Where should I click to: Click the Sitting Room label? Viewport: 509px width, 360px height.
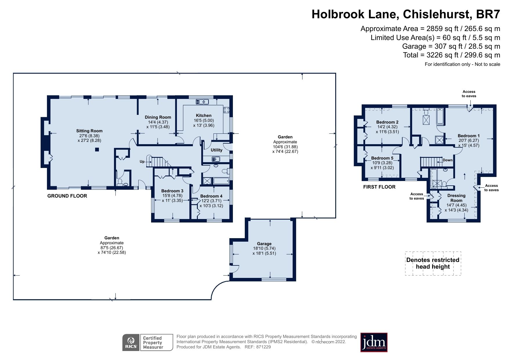(x=89, y=131)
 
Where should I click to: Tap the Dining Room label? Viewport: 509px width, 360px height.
(x=158, y=117)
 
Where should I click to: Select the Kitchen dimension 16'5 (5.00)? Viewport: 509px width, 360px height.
(x=204, y=120)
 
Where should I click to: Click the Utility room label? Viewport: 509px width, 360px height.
(x=216, y=150)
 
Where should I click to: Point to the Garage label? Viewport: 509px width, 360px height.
(x=264, y=244)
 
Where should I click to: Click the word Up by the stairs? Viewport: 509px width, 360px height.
(x=142, y=162)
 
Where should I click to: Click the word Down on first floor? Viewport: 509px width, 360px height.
(x=447, y=160)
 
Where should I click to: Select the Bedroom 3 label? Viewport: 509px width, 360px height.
(x=172, y=191)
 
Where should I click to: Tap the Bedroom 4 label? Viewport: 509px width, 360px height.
(x=211, y=196)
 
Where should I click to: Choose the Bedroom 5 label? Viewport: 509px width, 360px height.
(x=382, y=158)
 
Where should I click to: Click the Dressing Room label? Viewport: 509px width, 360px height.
(x=456, y=198)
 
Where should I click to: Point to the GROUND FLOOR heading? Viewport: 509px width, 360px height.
(x=67, y=196)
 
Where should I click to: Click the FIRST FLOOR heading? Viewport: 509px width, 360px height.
(x=379, y=187)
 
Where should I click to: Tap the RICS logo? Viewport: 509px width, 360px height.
(x=131, y=343)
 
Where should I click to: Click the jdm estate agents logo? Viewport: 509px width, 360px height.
(x=374, y=342)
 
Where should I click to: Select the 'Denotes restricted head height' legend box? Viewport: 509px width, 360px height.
(x=433, y=263)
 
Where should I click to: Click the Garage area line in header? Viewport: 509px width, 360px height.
(x=451, y=46)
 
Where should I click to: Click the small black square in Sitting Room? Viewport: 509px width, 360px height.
(x=97, y=150)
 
